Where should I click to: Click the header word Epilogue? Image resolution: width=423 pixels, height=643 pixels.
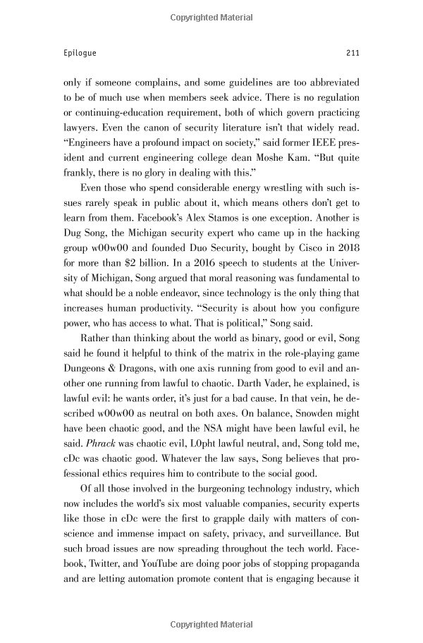80,52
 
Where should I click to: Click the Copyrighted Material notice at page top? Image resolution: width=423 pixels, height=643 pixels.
211,15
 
